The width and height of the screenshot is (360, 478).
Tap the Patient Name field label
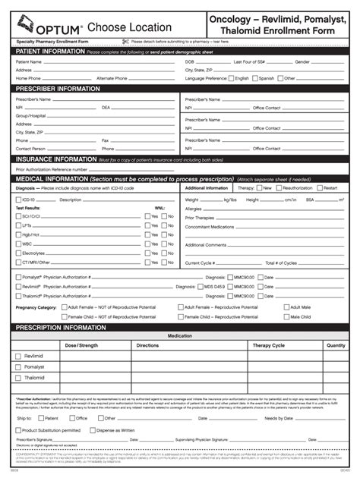(29, 61)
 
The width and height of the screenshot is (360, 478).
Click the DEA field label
(106, 108)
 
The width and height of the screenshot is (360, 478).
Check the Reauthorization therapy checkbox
(279, 187)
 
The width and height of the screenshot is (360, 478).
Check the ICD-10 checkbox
(17, 200)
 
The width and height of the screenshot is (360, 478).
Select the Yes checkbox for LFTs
(147, 225)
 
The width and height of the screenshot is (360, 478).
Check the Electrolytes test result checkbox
(17, 254)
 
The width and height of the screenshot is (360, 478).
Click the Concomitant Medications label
(210, 227)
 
